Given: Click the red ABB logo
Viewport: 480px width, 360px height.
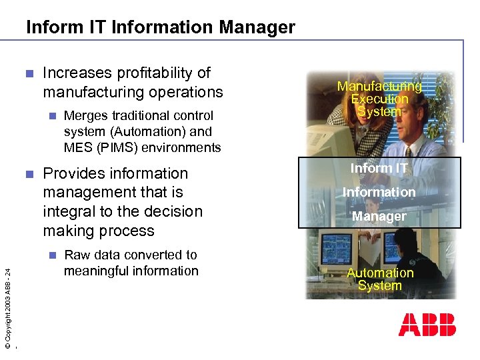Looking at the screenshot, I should (x=427, y=324).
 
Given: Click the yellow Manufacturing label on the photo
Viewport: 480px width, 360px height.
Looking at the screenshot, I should (x=379, y=87).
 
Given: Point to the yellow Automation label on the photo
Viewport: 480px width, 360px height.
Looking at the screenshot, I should (x=380, y=273).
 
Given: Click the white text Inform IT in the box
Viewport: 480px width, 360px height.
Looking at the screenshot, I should (x=379, y=168).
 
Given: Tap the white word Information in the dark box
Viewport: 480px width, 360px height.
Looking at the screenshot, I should (x=379, y=192).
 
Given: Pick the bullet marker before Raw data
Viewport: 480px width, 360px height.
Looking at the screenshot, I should (x=53, y=255).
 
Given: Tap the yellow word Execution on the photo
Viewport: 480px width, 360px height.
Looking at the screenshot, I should (x=379, y=99).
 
